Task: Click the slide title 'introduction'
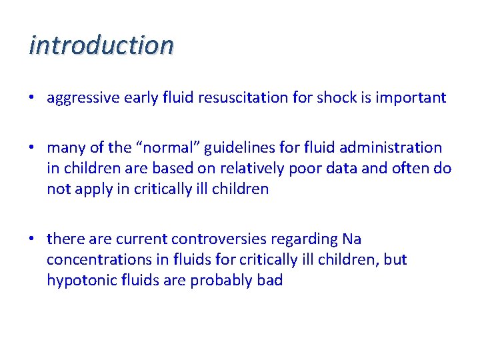[101, 45]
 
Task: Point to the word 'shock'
[337, 98]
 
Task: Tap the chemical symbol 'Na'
[351, 239]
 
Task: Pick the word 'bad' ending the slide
[270, 280]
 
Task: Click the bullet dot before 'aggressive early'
[32, 99]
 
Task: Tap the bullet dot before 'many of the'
[32, 148]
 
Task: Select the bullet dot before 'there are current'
[32, 239]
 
